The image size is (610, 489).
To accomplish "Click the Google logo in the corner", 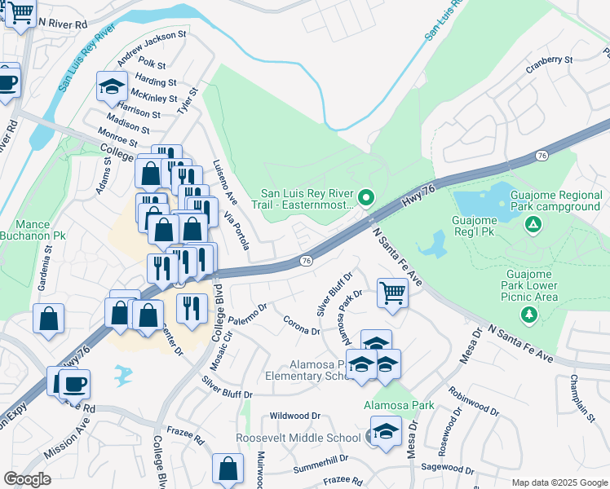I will coord(27,479).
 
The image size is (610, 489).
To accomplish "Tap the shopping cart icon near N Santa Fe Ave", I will coord(392,293).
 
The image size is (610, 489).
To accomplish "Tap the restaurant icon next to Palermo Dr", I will coord(192,309).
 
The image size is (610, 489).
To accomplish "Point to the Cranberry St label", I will coord(550,59).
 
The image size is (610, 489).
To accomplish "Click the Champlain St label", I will coord(585,398).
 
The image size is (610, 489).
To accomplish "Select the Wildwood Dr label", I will coord(295,415).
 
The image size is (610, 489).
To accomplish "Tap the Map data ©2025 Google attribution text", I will coord(559,482).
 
